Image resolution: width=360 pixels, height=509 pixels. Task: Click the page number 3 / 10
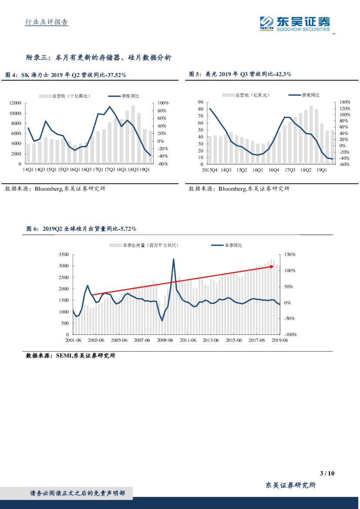coord(326,474)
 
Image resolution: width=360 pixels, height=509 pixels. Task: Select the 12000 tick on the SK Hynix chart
coord(15,103)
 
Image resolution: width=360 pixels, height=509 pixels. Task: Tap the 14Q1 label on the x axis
coord(28,169)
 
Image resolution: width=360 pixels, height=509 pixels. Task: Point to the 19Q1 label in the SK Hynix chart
coord(145,169)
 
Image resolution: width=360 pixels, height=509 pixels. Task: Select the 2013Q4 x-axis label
coord(209,170)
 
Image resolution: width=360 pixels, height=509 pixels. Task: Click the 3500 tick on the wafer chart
coord(64,254)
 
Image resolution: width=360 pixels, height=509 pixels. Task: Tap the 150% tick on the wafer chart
coord(289,254)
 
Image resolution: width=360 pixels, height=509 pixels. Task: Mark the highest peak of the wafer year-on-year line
coord(174,259)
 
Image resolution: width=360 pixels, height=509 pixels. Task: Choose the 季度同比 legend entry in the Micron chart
coord(310,95)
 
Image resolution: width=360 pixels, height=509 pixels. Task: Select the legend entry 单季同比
coord(233,246)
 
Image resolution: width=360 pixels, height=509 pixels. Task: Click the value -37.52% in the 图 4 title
coord(114,75)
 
